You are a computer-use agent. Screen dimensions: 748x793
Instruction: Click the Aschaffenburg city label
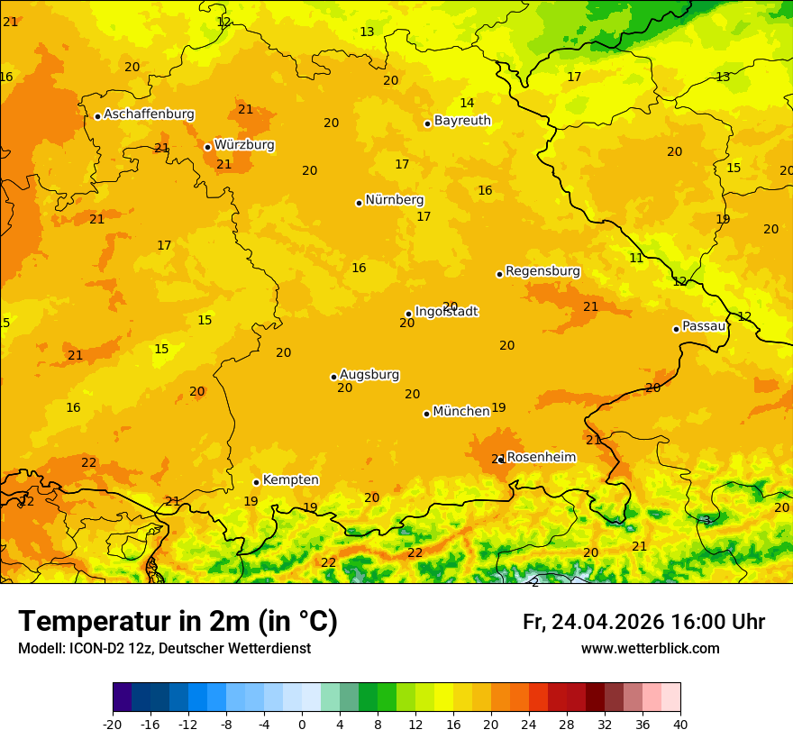pyautogui.click(x=149, y=114)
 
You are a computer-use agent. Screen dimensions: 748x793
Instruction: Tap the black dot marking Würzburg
pyautogui.click(x=207, y=147)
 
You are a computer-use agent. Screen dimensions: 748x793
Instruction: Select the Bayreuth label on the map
pyautogui.click(x=462, y=121)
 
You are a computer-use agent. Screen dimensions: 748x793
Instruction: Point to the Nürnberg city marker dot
pyautogui.click(x=359, y=203)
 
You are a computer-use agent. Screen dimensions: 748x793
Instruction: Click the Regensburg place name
pyautogui.click(x=542, y=271)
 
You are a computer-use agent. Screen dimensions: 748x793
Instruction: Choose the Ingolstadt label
pyautogui.click(x=446, y=312)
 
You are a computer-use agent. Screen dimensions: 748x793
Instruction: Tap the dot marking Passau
pyautogui.click(x=676, y=329)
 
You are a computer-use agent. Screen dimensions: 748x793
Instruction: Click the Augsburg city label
pyautogui.click(x=369, y=375)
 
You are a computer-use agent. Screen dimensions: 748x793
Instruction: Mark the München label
pyautogui.click(x=461, y=411)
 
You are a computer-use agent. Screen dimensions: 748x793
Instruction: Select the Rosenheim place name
pyautogui.click(x=541, y=458)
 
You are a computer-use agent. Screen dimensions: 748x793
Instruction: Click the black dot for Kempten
pyautogui.click(x=256, y=482)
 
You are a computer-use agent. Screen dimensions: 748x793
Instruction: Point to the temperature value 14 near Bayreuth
pyautogui.click(x=467, y=103)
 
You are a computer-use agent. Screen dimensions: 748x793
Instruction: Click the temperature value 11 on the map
pyautogui.click(x=636, y=258)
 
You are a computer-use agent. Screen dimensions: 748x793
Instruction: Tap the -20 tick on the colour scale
pyautogui.click(x=113, y=724)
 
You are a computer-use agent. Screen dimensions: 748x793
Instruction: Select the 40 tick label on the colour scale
pyautogui.click(x=680, y=724)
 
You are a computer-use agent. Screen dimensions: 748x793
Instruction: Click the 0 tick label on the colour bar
pyautogui.click(x=302, y=724)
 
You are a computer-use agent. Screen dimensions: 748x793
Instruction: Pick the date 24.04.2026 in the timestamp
pyautogui.click(x=607, y=622)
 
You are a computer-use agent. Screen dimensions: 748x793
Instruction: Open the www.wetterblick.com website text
pyautogui.click(x=650, y=649)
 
